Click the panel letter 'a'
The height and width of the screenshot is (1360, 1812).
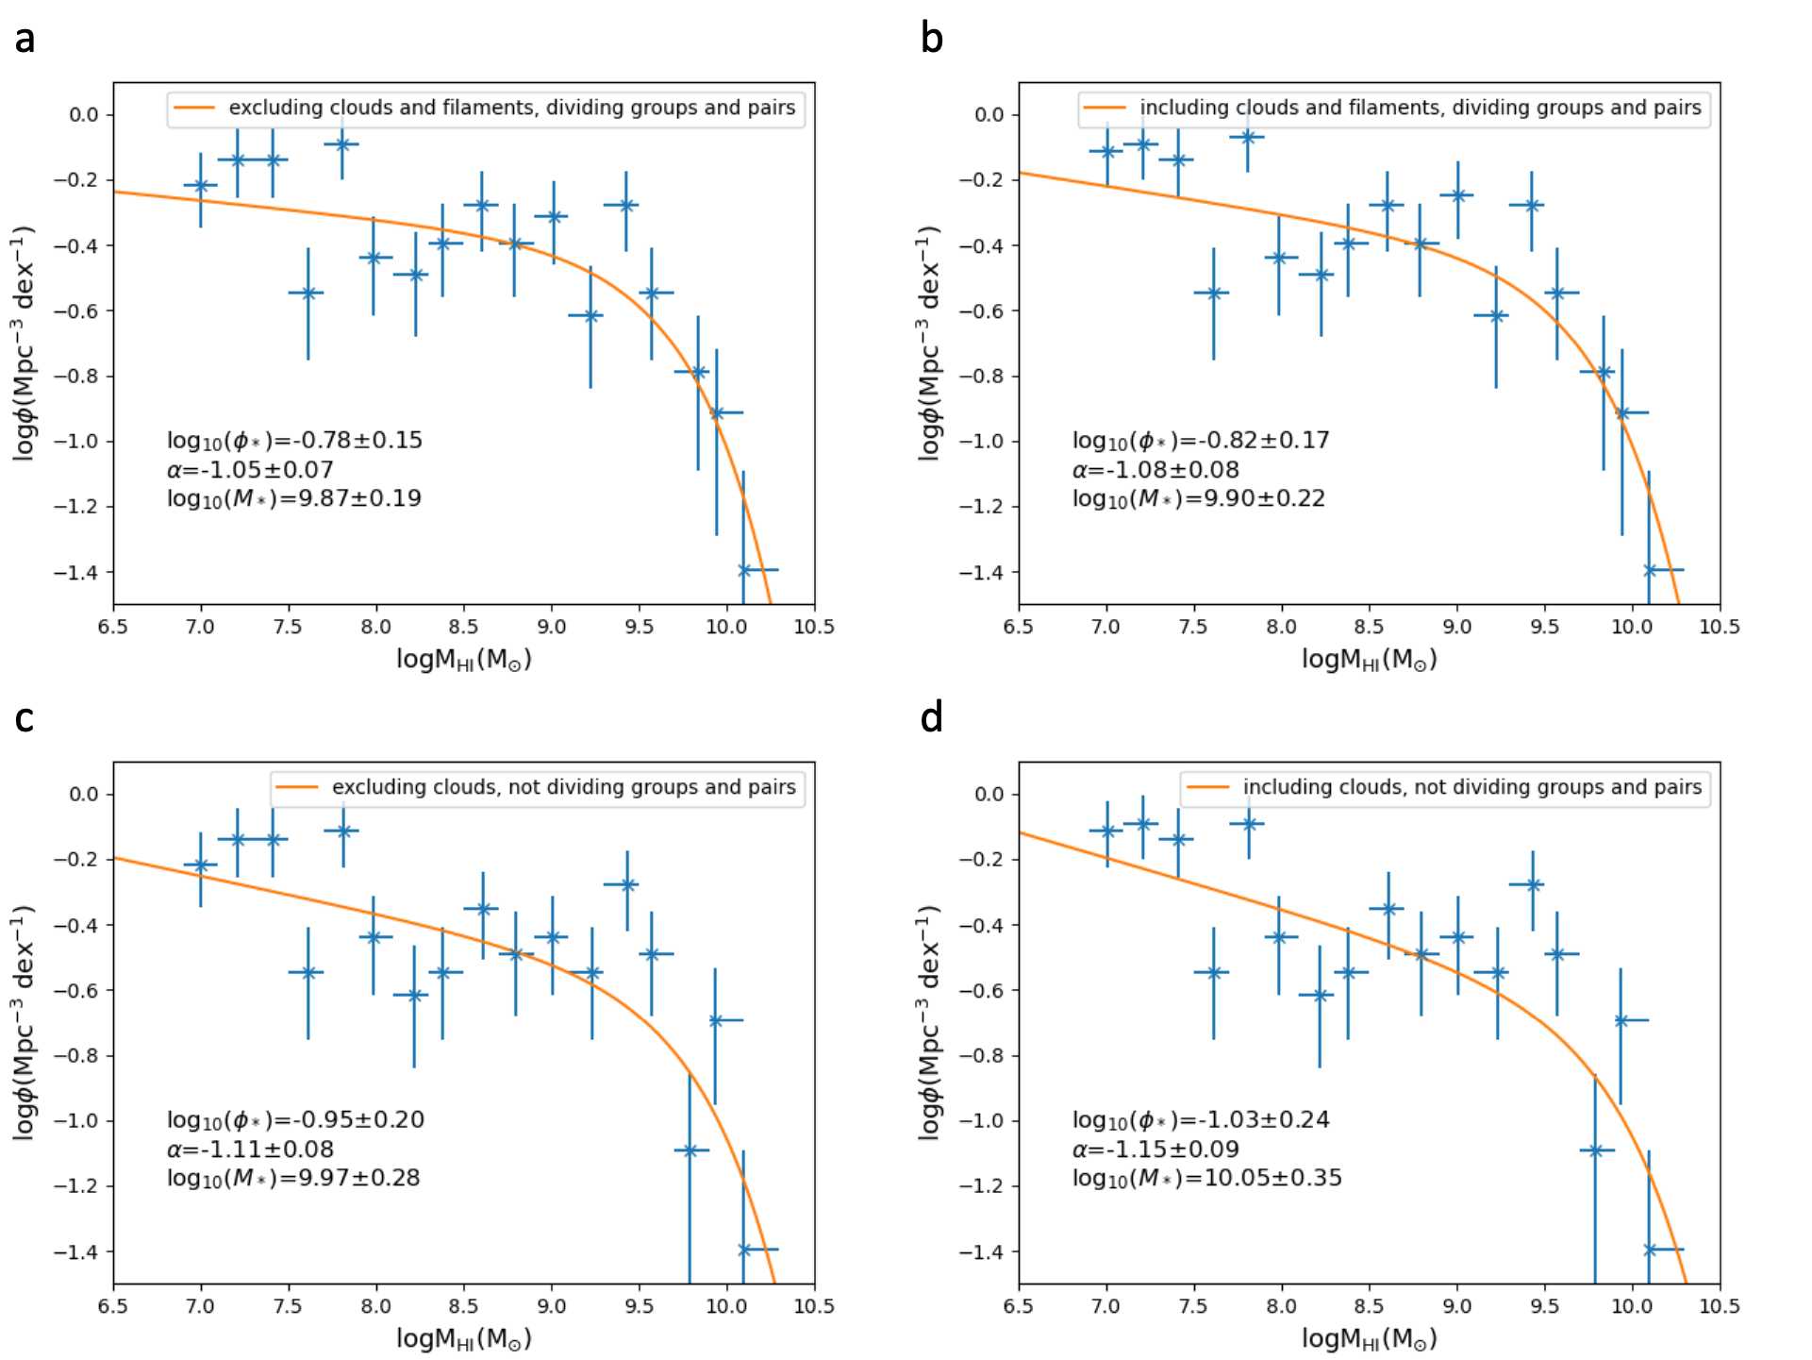[x=25, y=40]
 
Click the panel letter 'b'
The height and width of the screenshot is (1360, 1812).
[x=932, y=39]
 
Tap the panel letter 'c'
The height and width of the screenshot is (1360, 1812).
[x=25, y=719]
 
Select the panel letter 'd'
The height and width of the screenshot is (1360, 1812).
[x=932, y=718]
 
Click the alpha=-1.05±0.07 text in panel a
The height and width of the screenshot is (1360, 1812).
[x=250, y=470]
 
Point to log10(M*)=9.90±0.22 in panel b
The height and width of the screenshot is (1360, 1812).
[x=1198, y=498]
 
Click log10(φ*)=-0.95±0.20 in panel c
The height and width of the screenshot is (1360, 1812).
[x=295, y=1120]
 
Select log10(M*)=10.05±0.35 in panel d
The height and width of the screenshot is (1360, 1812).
[x=1206, y=1178]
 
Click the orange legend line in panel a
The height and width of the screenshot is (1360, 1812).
[x=195, y=109]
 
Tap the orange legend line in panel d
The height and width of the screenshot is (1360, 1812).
[x=1207, y=788]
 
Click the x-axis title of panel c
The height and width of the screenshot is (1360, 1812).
[x=463, y=1338]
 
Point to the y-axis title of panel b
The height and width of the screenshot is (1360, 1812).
[x=929, y=344]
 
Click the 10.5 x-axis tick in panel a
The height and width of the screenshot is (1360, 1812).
[x=814, y=627]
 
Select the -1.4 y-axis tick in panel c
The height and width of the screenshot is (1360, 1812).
[x=75, y=1251]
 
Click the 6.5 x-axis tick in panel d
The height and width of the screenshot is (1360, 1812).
[x=1019, y=1306]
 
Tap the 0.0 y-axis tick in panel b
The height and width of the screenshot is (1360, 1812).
[x=989, y=115]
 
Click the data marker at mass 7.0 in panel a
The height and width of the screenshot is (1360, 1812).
[x=201, y=186]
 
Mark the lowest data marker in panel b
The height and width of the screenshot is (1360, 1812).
[x=1650, y=570]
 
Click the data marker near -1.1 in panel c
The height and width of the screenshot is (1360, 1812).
[x=690, y=1150]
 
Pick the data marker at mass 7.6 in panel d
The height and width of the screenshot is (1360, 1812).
[x=1214, y=972]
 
